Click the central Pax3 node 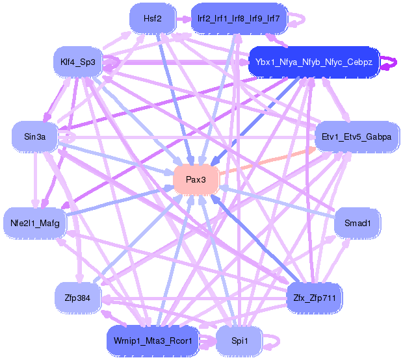point(196,179)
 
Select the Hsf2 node point(153,18)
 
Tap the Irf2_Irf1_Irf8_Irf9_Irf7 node point(239,18)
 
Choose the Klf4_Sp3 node point(78,62)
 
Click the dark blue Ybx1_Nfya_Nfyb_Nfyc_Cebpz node point(314,62)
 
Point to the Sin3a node point(34,136)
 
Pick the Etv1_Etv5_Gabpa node point(357,136)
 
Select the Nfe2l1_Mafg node point(34,223)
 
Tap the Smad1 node point(357,223)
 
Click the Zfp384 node point(77,298)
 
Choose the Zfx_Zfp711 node point(315,298)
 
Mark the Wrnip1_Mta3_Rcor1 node point(153,341)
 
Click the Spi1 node point(240,341)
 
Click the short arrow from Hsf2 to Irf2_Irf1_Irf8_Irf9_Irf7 point(184,19)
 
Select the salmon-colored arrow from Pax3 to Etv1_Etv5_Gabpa point(267,161)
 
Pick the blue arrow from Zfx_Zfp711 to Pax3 point(255,238)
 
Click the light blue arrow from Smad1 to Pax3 point(277,202)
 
